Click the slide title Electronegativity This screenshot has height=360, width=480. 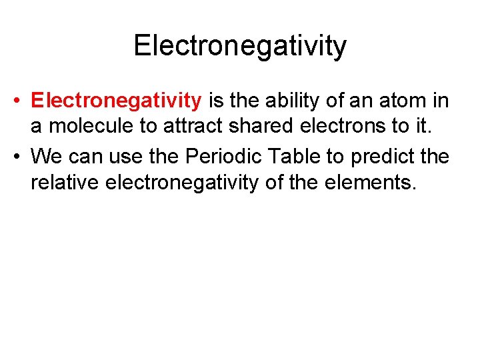point(240,46)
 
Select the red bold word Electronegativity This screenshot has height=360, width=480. point(116,101)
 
